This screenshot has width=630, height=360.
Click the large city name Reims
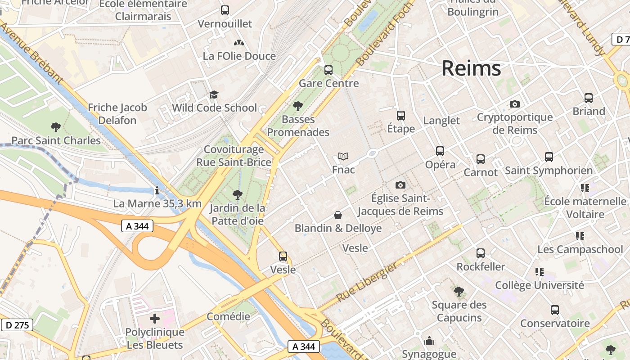click(x=471, y=68)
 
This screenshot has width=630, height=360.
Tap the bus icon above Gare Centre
click(x=328, y=70)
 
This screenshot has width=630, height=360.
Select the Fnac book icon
click(x=343, y=157)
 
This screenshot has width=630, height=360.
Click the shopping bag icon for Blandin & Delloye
click(x=338, y=216)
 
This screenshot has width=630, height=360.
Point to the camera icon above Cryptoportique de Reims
click(x=515, y=104)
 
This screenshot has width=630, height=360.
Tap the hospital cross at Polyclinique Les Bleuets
click(x=155, y=319)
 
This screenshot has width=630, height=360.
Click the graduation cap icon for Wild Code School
click(x=214, y=95)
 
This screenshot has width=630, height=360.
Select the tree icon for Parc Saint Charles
click(x=56, y=127)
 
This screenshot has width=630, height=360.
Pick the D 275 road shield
click(x=18, y=325)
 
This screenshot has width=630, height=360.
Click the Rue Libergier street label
click(x=367, y=283)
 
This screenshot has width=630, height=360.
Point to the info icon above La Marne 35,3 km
click(x=157, y=191)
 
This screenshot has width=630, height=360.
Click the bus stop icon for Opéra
click(x=440, y=152)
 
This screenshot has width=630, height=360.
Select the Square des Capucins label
click(x=459, y=311)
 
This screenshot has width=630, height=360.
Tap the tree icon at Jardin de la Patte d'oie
click(x=237, y=195)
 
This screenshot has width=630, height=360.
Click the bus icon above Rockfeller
click(x=481, y=253)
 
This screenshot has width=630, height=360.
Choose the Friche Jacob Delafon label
click(x=117, y=114)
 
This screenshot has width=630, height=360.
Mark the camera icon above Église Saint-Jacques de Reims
click(x=400, y=185)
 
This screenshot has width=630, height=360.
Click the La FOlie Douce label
click(x=239, y=56)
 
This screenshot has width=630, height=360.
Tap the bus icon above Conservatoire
click(x=555, y=310)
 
